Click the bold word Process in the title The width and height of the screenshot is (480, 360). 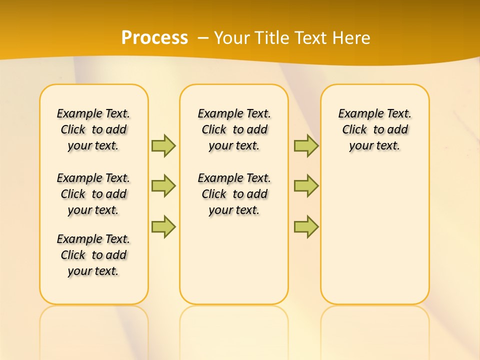pos(154,38)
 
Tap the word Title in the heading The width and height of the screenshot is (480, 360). pos(273,38)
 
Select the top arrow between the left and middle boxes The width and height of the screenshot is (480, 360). pos(163,145)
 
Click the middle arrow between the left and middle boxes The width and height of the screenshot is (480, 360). pos(163,186)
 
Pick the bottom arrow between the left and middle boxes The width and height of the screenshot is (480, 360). pos(163,226)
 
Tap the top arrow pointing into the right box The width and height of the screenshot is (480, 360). pos(306,145)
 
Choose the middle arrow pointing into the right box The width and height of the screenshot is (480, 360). pos(306,186)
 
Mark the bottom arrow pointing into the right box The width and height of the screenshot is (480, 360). pos(306,226)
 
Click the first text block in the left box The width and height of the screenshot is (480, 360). pos(93,129)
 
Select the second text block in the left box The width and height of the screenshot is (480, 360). pos(93,194)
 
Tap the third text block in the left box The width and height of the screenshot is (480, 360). pos(93,255)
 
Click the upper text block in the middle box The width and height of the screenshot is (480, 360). pos(234,129)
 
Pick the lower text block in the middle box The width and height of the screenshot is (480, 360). pos(234,194)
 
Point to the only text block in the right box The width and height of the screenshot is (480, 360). pos(375,129)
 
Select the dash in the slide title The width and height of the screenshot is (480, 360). pos(203,38)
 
